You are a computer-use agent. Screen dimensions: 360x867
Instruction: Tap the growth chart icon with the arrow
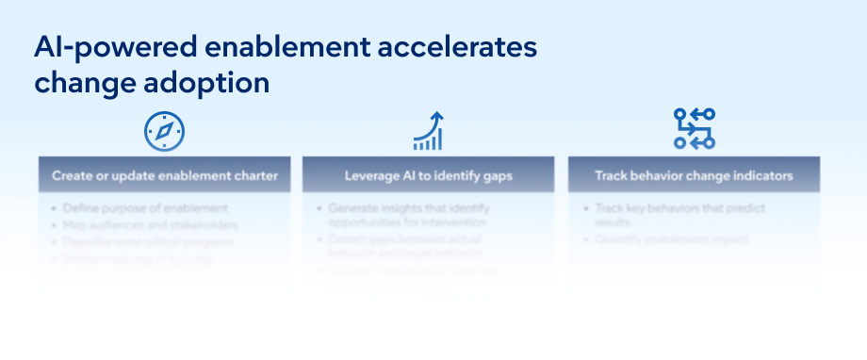429,131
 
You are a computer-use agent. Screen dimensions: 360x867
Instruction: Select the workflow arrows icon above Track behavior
694,129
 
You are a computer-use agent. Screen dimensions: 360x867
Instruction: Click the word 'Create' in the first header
72,175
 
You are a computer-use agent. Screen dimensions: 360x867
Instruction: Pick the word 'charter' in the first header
254,175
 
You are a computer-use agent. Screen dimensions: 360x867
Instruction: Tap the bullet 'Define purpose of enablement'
145,208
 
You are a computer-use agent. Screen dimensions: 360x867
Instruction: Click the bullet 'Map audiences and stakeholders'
150,225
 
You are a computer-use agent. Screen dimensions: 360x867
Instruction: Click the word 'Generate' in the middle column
355,208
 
